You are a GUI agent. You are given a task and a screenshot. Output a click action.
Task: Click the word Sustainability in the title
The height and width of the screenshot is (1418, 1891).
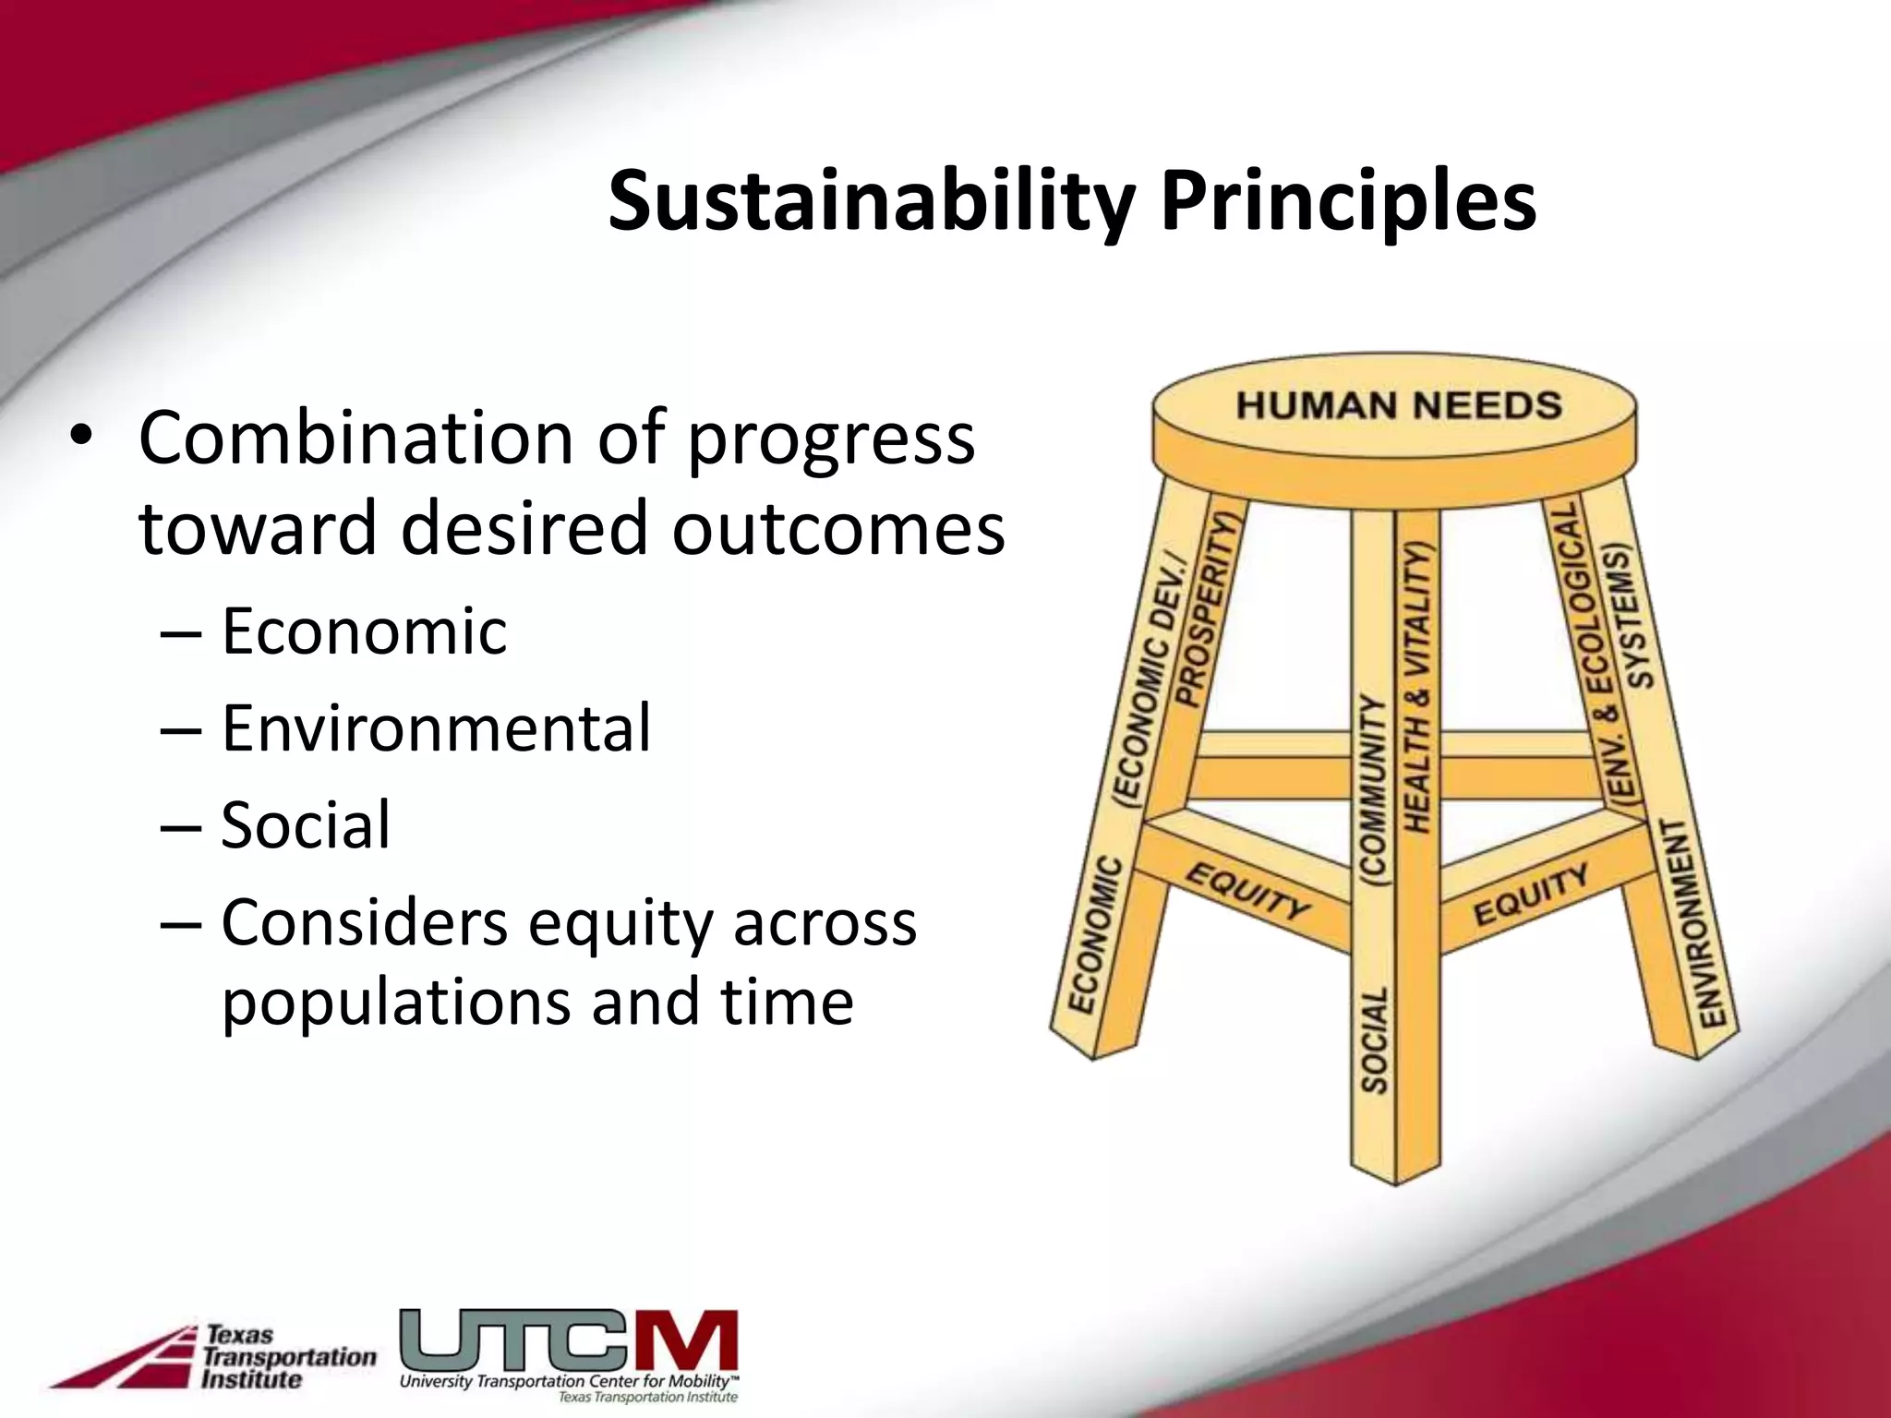click(869, 203)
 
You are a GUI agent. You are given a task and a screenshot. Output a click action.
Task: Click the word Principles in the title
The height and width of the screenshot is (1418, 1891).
click(1348, 203)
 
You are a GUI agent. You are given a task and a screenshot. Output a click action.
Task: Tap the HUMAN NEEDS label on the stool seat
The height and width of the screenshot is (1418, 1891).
click(1398, 405)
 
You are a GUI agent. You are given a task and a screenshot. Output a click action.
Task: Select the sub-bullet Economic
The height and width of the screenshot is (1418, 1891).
click(364, 631)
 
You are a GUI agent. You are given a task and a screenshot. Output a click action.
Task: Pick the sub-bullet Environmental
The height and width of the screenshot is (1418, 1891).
click(436, 728)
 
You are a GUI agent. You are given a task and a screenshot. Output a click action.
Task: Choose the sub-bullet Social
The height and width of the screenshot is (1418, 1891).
click(306, 824)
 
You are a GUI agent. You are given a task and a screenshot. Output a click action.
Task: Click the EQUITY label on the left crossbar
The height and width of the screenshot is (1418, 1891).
click(1247, 892)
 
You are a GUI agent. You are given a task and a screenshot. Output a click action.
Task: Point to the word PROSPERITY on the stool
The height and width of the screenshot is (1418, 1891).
click(1206, 609)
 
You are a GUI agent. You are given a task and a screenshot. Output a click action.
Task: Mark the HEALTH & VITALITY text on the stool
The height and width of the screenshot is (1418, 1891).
click(1416, 688)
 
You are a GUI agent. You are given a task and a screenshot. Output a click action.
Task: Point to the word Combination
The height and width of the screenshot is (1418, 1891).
click(355, 439)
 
